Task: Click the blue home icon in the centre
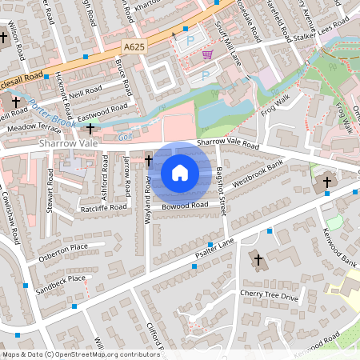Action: pyautogui.click(x=180, y=172)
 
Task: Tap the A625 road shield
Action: pyautogui.click(x=134, y=49)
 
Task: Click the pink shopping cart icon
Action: pyautogui.click(x=208, y=54)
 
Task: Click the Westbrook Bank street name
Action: pyautogui.click(x=258, y=175)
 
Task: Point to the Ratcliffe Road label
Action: pyautogui.click(x=104, y=208)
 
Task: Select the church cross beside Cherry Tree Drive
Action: pyautogui.click(x=258, y=258)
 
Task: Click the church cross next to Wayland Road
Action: pyautogui.click(x=149, y=161)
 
